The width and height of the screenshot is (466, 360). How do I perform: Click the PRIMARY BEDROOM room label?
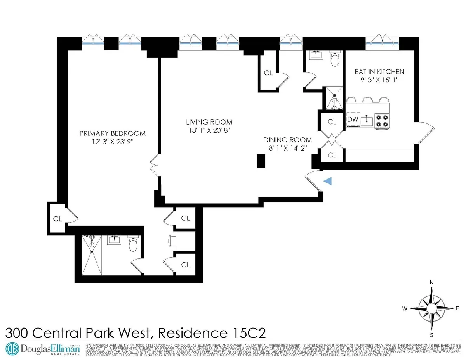click(x=112, y=133)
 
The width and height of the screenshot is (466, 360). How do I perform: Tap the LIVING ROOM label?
click(x=209, y=122)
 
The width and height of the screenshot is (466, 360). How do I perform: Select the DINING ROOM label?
click(x=287, y=140)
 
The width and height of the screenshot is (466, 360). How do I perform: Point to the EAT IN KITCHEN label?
click(x=379, y=72)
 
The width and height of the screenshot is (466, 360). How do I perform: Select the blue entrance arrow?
click(x=328, y=181)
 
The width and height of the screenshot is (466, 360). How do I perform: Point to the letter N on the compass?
click(x=431, y=283)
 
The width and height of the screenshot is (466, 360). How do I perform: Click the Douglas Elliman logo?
click(x=43, y=349)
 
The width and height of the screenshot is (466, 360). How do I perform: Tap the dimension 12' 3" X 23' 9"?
click(x=112, y=142)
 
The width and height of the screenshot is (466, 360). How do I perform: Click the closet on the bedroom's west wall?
click(x=57, y=219)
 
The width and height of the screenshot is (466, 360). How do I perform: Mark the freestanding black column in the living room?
click(x=261, y=161)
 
